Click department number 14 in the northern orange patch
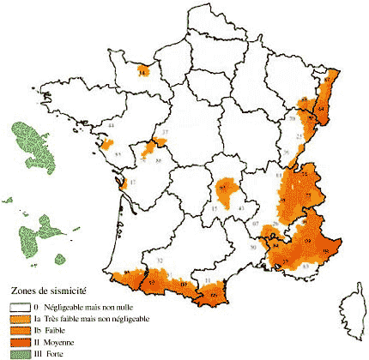click(142, 74)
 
